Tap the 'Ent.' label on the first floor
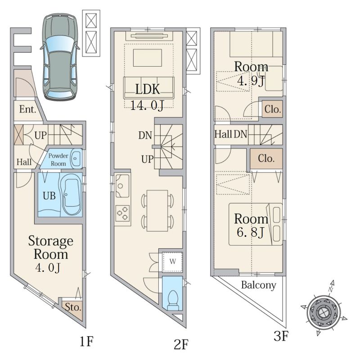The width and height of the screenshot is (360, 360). click(28, 109)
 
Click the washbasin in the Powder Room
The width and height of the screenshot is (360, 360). click(76, 158)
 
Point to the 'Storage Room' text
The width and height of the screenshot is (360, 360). click(51, 247)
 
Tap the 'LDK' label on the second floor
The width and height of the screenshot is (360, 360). click(148, 89)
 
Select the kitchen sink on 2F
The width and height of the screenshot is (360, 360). click(122, 186)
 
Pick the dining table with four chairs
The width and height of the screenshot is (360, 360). click(157, 211)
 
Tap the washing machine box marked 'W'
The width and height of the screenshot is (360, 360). click(173, 262)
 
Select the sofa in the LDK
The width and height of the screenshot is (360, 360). click(149, 88)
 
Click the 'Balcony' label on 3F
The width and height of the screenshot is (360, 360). click(258, 285)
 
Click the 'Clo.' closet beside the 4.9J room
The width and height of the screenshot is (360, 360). click(272, 109)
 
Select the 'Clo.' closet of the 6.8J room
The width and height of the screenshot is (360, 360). click(266, 158)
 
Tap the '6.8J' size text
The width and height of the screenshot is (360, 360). click(251, 232)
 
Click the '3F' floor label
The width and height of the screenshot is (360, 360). click(280, 337)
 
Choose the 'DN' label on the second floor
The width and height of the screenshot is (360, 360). click(145, 135)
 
